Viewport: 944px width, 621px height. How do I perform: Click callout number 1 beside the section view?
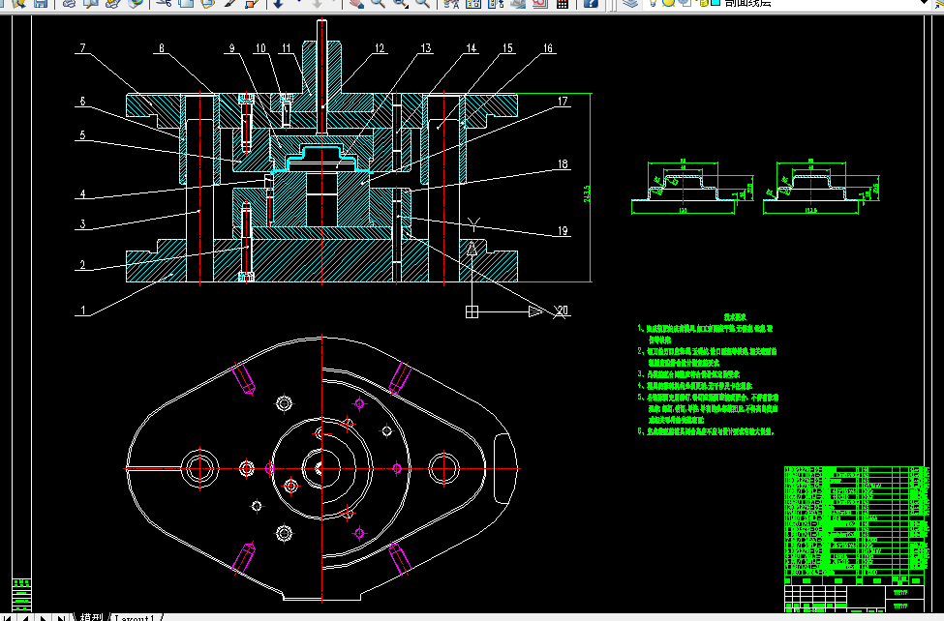click(83, 311)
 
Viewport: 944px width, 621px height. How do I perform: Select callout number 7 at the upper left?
click(83, 47)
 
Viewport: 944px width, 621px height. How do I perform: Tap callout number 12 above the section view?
click(379, 47)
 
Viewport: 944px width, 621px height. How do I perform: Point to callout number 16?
click(548, 47)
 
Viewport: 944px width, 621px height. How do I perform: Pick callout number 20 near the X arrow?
click(563, 310)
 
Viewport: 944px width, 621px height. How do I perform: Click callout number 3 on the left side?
click(83, 224)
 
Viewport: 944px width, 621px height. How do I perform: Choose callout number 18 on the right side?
click(563, 165)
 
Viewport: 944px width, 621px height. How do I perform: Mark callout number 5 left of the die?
click(83, 135)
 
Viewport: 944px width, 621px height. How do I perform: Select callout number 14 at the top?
click(471, 47)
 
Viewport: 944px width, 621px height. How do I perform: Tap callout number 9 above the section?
click(231, 47)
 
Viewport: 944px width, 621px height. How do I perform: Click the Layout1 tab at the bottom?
click(135, 616)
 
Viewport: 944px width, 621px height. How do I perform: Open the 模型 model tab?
click(91, 616)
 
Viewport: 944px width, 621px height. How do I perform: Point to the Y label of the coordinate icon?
click(473, 224)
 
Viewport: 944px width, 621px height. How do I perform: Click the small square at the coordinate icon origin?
click(472, 311)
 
